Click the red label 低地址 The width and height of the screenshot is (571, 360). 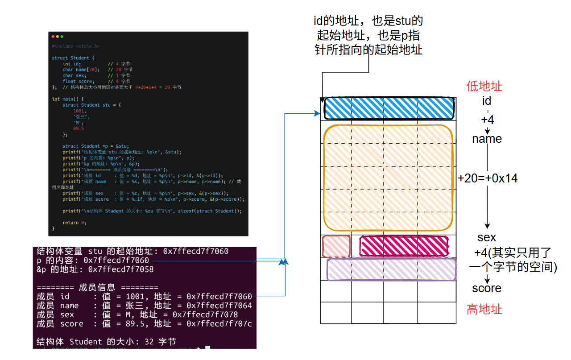coord(484,86)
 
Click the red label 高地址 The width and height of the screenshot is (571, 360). coord(484,309)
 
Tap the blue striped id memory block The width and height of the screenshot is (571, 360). coord(389,108)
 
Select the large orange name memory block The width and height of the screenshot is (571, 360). coord(388,177)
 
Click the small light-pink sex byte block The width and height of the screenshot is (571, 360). coord(336,246)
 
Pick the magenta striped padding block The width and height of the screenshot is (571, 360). coord(404,246)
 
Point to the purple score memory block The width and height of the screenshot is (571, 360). coord(392,269)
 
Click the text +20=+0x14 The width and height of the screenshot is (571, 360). coord(488,178)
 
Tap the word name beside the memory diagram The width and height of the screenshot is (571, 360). coord(487,139)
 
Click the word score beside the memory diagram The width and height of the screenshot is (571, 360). coord(487,288)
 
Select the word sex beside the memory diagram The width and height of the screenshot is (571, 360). coord(486,237)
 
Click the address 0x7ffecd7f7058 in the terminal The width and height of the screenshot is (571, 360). coord(121,269)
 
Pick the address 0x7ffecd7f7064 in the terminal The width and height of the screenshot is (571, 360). coord(219,306)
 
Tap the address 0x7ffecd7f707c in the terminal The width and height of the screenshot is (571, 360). coord(219,323)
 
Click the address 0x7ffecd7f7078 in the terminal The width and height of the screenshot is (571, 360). coord(205,314)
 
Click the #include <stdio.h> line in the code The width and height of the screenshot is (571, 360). coord(76,46)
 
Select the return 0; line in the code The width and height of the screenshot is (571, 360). coord(74,222)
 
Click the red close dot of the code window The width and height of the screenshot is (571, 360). coord(53,36)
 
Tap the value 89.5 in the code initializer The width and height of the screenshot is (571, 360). coord(79,128)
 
